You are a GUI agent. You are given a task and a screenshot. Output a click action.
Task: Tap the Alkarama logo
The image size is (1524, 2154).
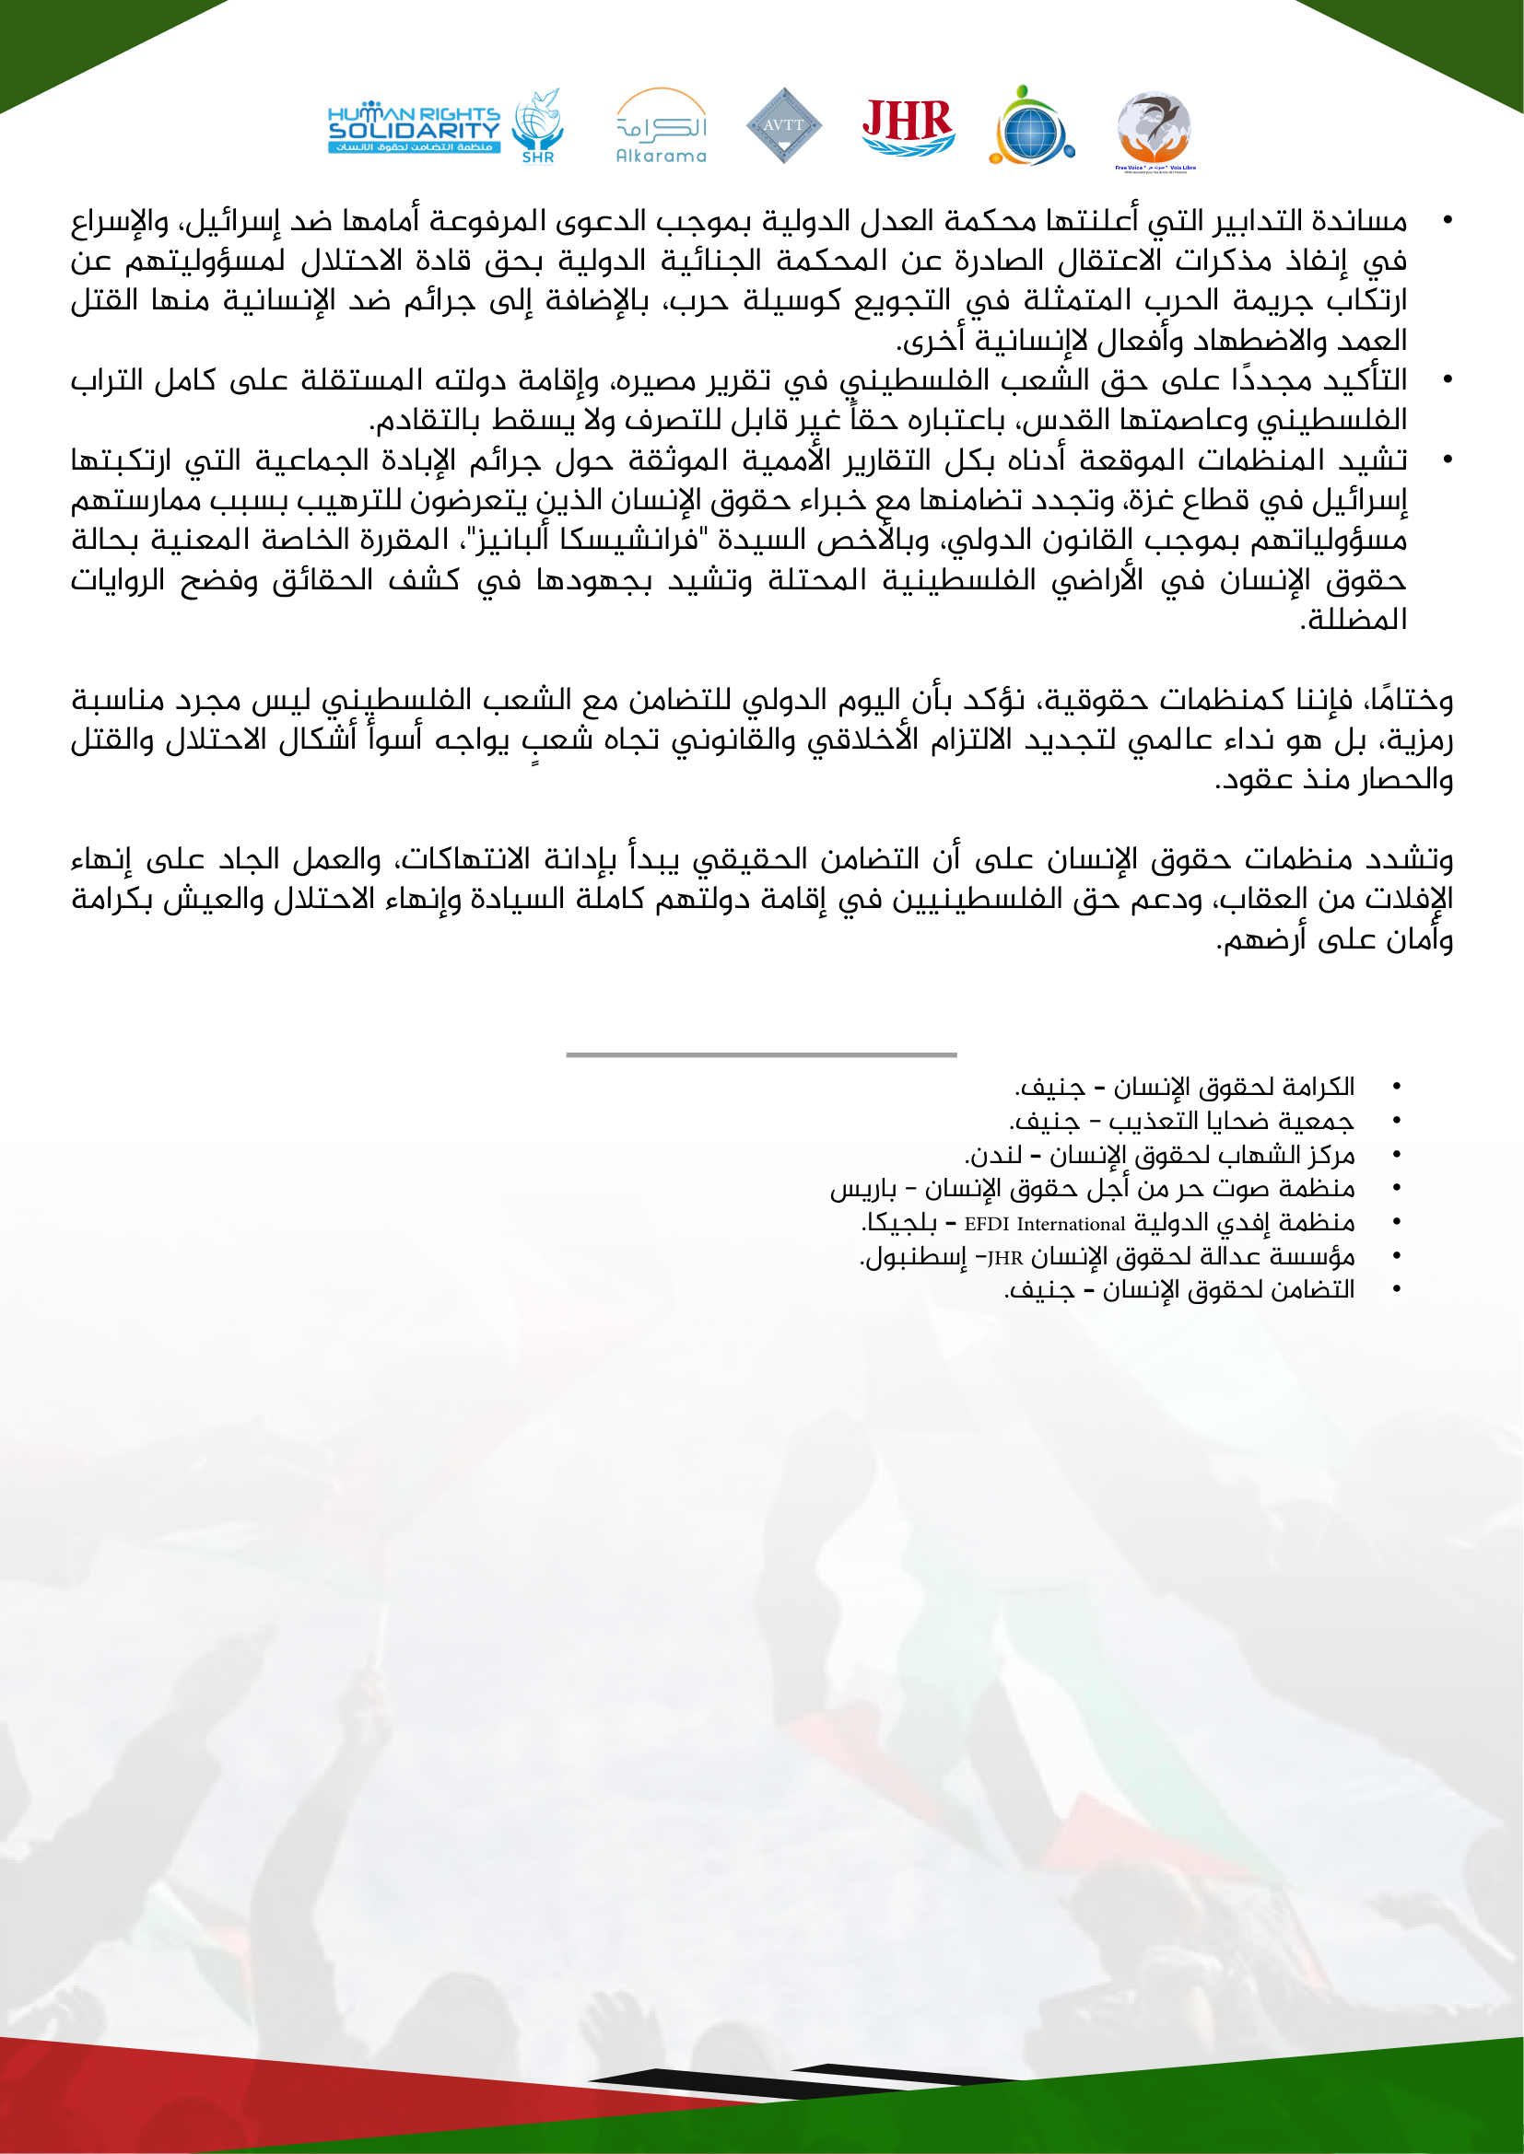(x=661, y=127)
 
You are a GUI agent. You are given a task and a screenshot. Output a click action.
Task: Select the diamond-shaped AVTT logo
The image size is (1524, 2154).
(x=783, y=124)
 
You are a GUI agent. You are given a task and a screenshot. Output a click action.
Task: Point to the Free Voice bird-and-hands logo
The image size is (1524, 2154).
(x=1155, y=130)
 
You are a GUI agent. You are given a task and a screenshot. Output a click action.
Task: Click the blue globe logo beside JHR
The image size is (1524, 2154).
(x=1029, y=127)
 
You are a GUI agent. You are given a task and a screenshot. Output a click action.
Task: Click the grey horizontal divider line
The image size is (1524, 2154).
(x=761, y=1054)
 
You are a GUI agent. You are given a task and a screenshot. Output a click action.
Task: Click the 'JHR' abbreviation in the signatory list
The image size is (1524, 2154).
(x=1004, y=1258)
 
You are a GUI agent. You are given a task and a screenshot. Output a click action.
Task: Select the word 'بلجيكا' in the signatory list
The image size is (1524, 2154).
(x=900, y=1223)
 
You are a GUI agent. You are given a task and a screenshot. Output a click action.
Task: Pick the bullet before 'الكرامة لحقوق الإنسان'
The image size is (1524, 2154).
(x=1396, y=1087)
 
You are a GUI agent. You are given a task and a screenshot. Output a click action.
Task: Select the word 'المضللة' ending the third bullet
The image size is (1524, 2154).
(x=1354, y=620)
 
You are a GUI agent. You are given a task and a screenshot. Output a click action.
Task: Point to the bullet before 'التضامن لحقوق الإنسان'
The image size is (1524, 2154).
(x=1396, y=1291)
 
